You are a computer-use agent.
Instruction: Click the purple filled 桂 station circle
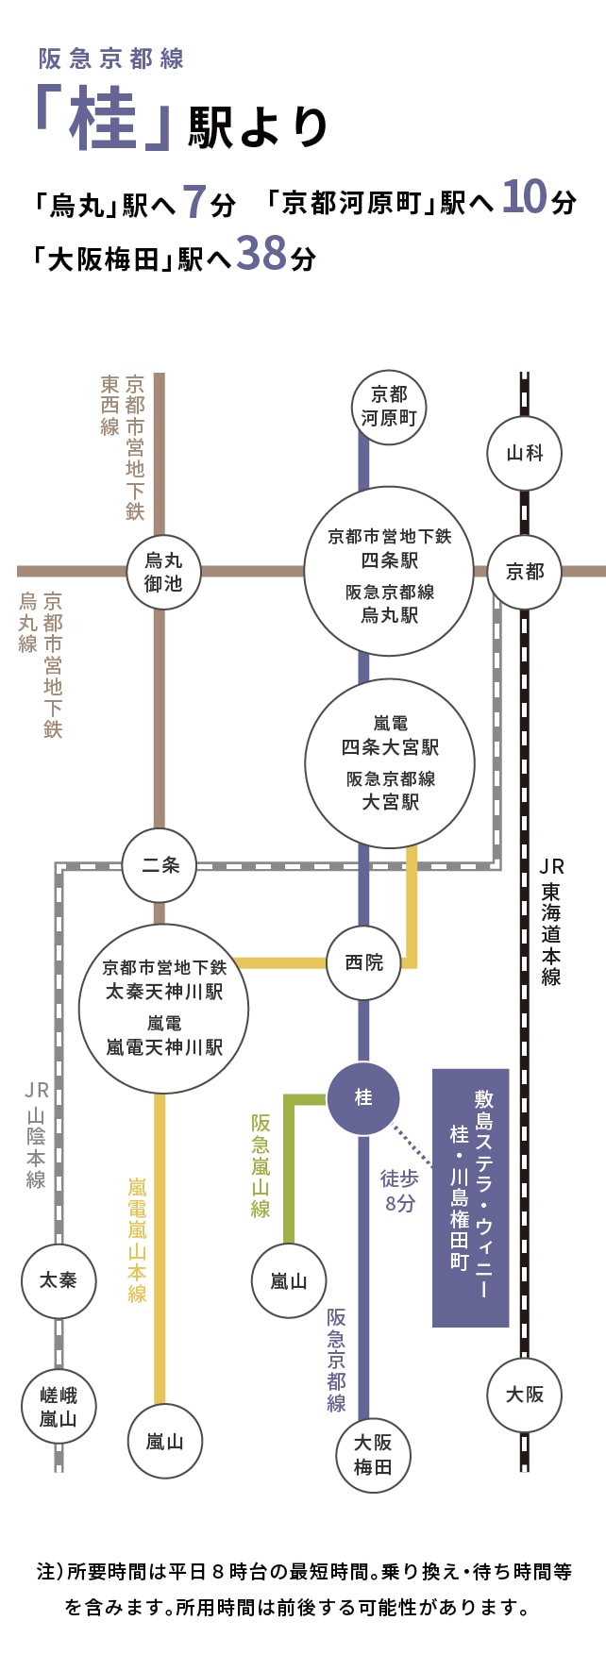pos(363,1098)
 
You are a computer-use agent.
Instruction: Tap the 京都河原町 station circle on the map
pos(389,408)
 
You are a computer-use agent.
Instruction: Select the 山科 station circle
pos(524,453)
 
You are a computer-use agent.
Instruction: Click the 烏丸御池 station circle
pos(163,572)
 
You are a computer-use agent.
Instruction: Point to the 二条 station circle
pos(160,865)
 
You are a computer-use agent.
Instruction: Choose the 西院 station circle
pos(363,963)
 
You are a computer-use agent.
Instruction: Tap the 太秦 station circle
pos(59,1280)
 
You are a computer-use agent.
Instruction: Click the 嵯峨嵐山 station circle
pos(59,1407)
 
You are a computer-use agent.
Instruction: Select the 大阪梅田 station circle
pos(373,1455)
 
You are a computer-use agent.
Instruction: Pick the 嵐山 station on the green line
pos(289,1281)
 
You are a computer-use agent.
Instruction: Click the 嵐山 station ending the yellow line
pos(164,1442)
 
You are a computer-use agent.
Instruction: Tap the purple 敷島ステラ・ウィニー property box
pos(470,1197)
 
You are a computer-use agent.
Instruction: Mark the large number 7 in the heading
pos(194,201)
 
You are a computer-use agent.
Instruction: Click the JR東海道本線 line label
pos(551,921)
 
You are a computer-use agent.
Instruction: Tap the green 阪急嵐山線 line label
pos(261,1165)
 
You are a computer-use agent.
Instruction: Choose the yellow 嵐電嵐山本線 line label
pos(138,1239)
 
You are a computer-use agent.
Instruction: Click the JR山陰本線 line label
pos(36,1135)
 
